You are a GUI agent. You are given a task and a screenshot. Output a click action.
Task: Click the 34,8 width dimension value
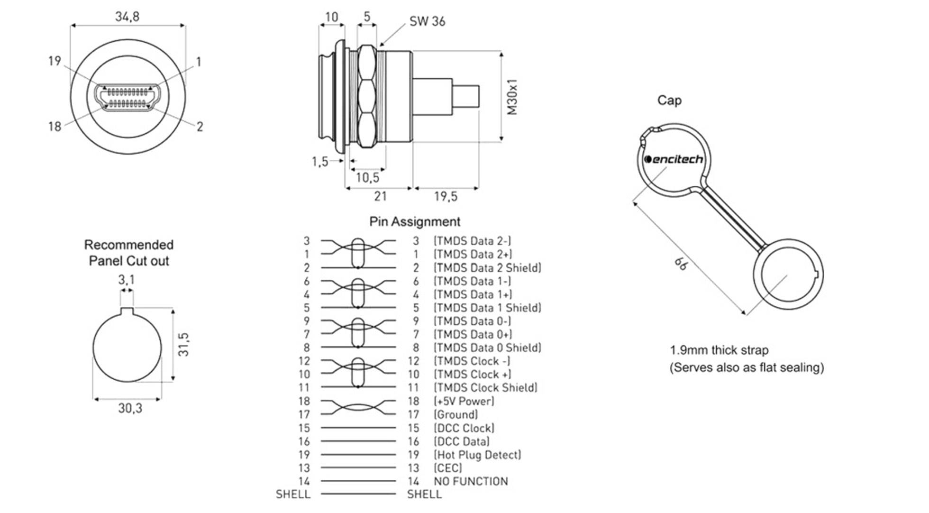pos(127,17)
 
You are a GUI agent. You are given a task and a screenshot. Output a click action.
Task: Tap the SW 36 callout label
pos(427,21)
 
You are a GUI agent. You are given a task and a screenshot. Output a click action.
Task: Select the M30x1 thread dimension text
pos(512,97)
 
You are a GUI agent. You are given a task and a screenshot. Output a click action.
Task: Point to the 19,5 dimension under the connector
pos(446,196)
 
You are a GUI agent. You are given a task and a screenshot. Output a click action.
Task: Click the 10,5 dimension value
pos(367,177)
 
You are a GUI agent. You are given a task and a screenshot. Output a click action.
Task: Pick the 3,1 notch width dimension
pos(126,280)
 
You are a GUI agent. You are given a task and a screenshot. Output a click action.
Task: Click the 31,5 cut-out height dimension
pos(183,345)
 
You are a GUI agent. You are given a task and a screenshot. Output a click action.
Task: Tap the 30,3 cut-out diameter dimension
pos(130,408)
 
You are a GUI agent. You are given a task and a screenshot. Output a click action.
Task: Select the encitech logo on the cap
pos(674,159)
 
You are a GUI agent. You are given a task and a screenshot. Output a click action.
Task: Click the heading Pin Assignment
pos(414,221)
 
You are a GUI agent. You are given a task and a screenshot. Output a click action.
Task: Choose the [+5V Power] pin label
pos(464,401)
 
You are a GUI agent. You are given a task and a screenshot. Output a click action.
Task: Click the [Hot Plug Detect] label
pos(477,455)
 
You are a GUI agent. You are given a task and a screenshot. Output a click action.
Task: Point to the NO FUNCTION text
pos(471,481)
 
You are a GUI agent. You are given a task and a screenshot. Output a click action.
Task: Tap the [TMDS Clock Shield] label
pos(486,388)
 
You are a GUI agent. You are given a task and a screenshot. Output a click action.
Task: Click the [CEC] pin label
pos(448,468)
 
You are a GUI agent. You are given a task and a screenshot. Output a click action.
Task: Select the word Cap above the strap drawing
pos(669,100)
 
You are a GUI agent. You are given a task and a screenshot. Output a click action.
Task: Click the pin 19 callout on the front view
pos(55,61)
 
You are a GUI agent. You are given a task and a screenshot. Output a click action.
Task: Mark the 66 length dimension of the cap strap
pos(681,265)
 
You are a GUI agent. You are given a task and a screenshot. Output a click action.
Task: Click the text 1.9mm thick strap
pos(719,350)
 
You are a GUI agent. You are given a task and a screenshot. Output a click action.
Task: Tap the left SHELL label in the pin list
pos(293,494)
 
